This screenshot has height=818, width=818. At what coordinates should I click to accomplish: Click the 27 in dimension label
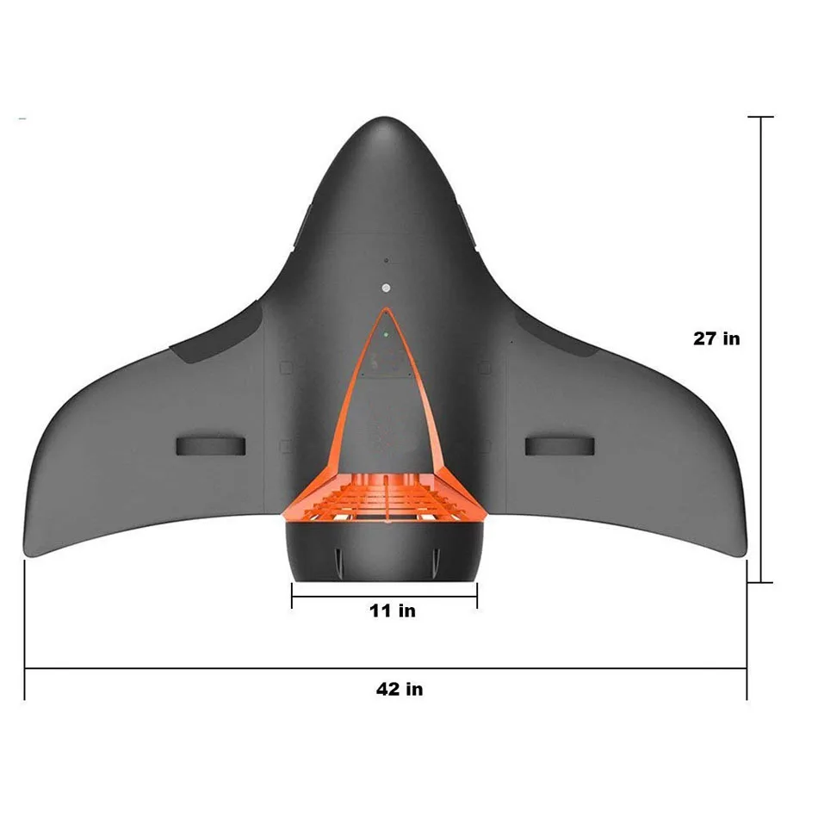[716, 338]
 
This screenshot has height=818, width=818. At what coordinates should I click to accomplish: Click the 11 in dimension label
[392, 610]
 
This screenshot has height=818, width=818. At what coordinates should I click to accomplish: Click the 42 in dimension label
[399, 689]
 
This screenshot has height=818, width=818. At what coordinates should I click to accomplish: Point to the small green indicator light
[386, 333]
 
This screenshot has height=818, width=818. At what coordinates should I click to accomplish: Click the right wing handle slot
[560, 444]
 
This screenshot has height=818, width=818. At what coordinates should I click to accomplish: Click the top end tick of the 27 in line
[760, 116]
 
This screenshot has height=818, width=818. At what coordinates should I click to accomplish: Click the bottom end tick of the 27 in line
[760, 582]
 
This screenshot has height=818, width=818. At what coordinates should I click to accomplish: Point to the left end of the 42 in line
[25, 668]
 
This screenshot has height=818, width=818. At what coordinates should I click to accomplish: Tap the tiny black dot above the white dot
[386, 260]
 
